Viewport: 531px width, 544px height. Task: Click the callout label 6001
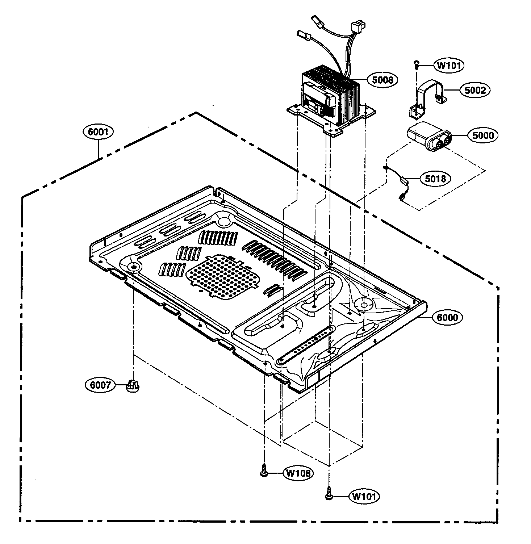click(98, 131)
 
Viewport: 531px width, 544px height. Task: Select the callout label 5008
click(382, 80)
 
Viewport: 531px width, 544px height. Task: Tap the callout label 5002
click(475, 90)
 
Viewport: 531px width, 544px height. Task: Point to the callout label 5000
click(483, 135)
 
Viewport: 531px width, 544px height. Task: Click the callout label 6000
click(447, 317)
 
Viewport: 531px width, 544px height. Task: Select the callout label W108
click(298, 473)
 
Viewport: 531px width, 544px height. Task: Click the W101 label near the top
click(449, 66)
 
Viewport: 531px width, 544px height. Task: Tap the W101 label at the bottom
click(364, 496)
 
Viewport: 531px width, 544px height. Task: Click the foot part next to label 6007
click(133, 386)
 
